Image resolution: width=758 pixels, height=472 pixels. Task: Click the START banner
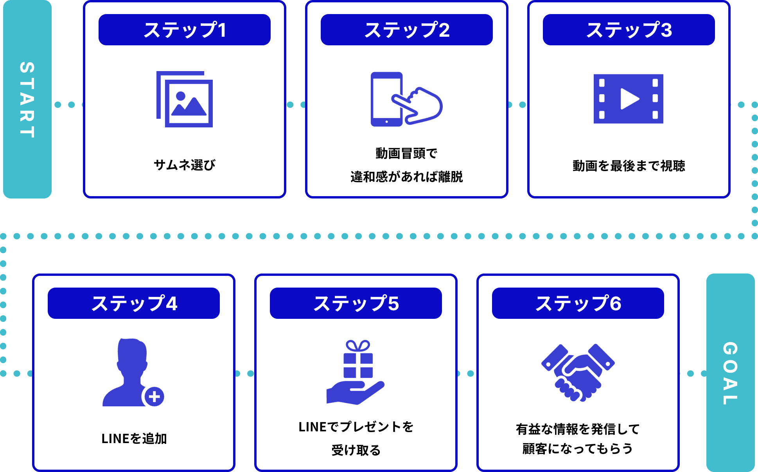pos(27,99)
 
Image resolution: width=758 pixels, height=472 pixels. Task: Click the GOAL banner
pos(730,373)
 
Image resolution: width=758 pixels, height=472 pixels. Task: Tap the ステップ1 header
pos(185,30)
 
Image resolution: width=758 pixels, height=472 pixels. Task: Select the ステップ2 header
pos(407,30)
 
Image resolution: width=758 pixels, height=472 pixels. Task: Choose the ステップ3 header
pos(629,30)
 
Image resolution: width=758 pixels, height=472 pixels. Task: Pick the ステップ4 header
pos(134,303)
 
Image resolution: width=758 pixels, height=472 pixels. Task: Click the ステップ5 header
pos(356,303)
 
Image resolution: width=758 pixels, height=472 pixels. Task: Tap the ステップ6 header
pos(578,303)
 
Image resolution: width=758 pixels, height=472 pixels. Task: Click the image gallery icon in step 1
pos(185,99)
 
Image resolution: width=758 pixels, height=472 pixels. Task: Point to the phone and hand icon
pos(406,99)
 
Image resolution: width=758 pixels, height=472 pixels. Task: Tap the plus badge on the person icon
pos(154,397)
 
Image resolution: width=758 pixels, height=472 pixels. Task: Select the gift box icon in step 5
pos(358,359)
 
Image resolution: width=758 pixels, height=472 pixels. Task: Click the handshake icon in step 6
pos(578,373)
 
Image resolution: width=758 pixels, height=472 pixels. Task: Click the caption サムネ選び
pos(185,165)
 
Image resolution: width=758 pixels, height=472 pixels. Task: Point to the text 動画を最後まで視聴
pos(629,166)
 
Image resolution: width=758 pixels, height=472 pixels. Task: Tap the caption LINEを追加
pos(134,439)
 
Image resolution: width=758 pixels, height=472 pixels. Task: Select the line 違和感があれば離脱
pos(407,177)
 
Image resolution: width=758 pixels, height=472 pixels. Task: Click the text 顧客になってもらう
pos(578,449)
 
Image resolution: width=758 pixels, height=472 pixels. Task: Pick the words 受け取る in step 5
pos(356,451)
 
